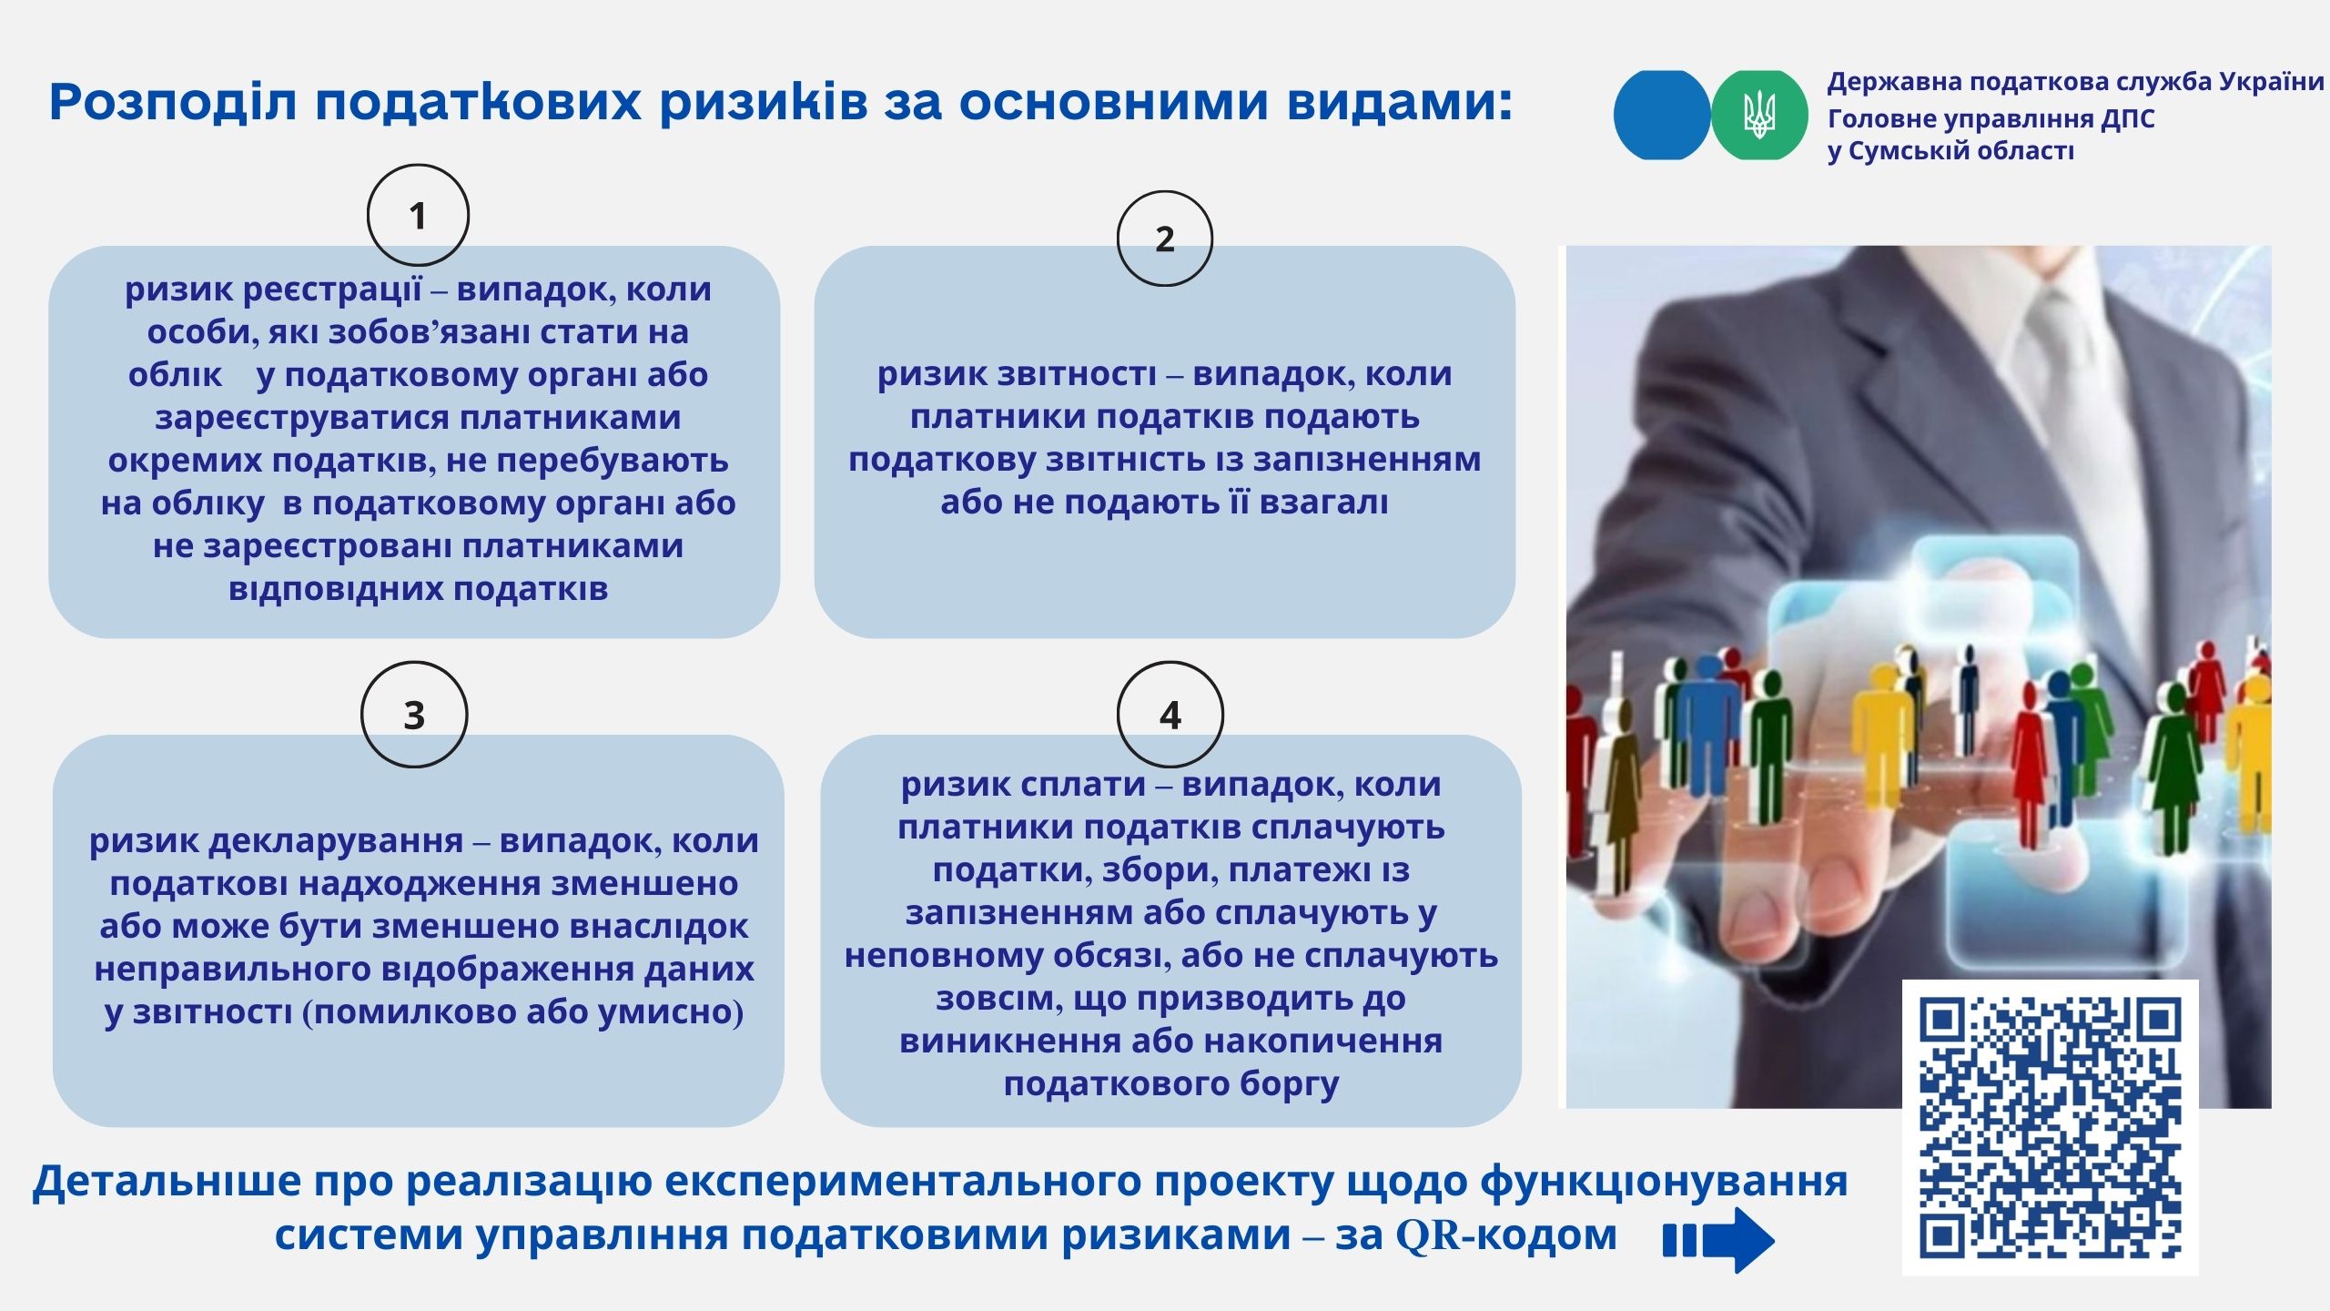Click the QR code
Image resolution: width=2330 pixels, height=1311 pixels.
pos(2051,1127)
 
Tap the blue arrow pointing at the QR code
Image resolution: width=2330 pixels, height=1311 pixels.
pos(1718,1239)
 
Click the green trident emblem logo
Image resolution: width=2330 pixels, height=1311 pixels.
pos(1759,116)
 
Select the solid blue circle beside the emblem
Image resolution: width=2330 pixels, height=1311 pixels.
pos(1663,116)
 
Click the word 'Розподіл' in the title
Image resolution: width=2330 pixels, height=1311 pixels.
pos(173,104)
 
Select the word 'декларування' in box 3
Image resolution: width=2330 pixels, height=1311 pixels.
pos(336,841)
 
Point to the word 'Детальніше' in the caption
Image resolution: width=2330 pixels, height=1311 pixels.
pos(167,1182)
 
